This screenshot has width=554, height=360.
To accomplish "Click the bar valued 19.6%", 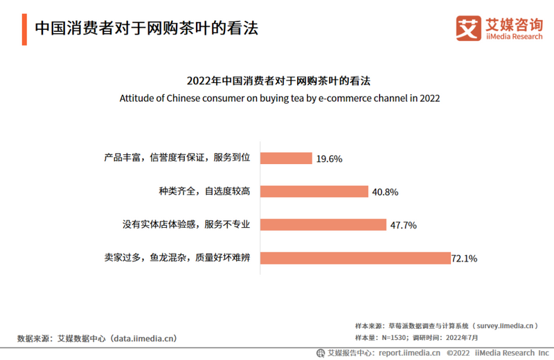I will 286,159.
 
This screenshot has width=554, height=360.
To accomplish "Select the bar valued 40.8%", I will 314,192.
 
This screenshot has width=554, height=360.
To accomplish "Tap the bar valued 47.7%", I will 323,225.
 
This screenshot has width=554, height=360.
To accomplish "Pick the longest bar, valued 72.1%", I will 355,258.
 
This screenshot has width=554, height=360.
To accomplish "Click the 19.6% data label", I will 329,159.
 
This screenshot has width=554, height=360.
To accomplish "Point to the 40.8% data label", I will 384,192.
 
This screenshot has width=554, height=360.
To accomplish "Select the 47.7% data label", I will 403,226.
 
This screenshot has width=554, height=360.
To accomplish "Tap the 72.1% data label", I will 464,259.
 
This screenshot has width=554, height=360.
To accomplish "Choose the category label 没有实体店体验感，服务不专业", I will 186,224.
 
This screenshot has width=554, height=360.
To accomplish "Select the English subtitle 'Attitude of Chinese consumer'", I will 279,98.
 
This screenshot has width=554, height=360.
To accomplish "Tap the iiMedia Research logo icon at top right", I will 468,28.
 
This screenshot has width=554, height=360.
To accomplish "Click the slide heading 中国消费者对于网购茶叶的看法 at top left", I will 146,28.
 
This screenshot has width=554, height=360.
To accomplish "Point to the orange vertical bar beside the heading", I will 24,29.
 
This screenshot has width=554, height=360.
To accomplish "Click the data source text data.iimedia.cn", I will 145,339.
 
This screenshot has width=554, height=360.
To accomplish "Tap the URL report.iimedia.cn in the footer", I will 409,352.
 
